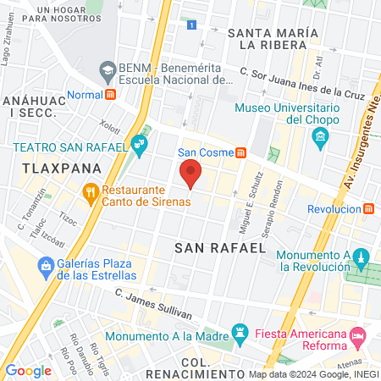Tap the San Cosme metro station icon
(x=241, y=153)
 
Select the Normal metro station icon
(x=111, y=95)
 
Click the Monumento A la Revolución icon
(x=360, y=257)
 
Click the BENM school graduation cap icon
(x=108, y=69)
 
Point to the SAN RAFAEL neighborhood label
(x=214, y=249)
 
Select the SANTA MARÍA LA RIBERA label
(x=273, y=39)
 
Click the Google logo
(x=28, y=371)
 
